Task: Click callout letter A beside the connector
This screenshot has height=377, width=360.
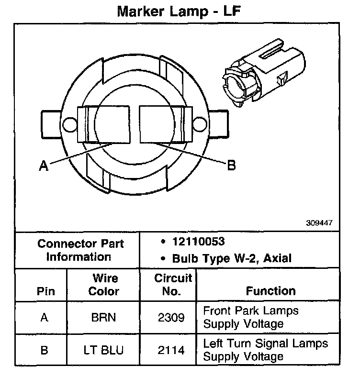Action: (x=44, y=166)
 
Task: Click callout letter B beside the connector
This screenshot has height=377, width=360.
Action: (x=231, y=165)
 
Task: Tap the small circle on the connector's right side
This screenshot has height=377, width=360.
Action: (x=198, y=125)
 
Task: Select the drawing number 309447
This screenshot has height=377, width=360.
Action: (x=319, y=223)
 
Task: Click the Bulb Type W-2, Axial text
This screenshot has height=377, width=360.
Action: (x=225, y=258)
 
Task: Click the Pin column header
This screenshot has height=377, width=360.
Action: (x=45, y=291)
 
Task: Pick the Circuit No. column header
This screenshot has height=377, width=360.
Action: (x=173, y=285)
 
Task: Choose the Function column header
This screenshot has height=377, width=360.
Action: (x=270, y=291)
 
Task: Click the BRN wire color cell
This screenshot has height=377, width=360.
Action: (x=103, y=317)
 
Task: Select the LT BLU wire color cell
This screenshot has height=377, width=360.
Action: (x=103, y=350)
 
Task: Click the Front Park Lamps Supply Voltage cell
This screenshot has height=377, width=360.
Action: (x=251, y=317)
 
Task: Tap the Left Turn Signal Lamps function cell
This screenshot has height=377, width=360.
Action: (x=266, y=350)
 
